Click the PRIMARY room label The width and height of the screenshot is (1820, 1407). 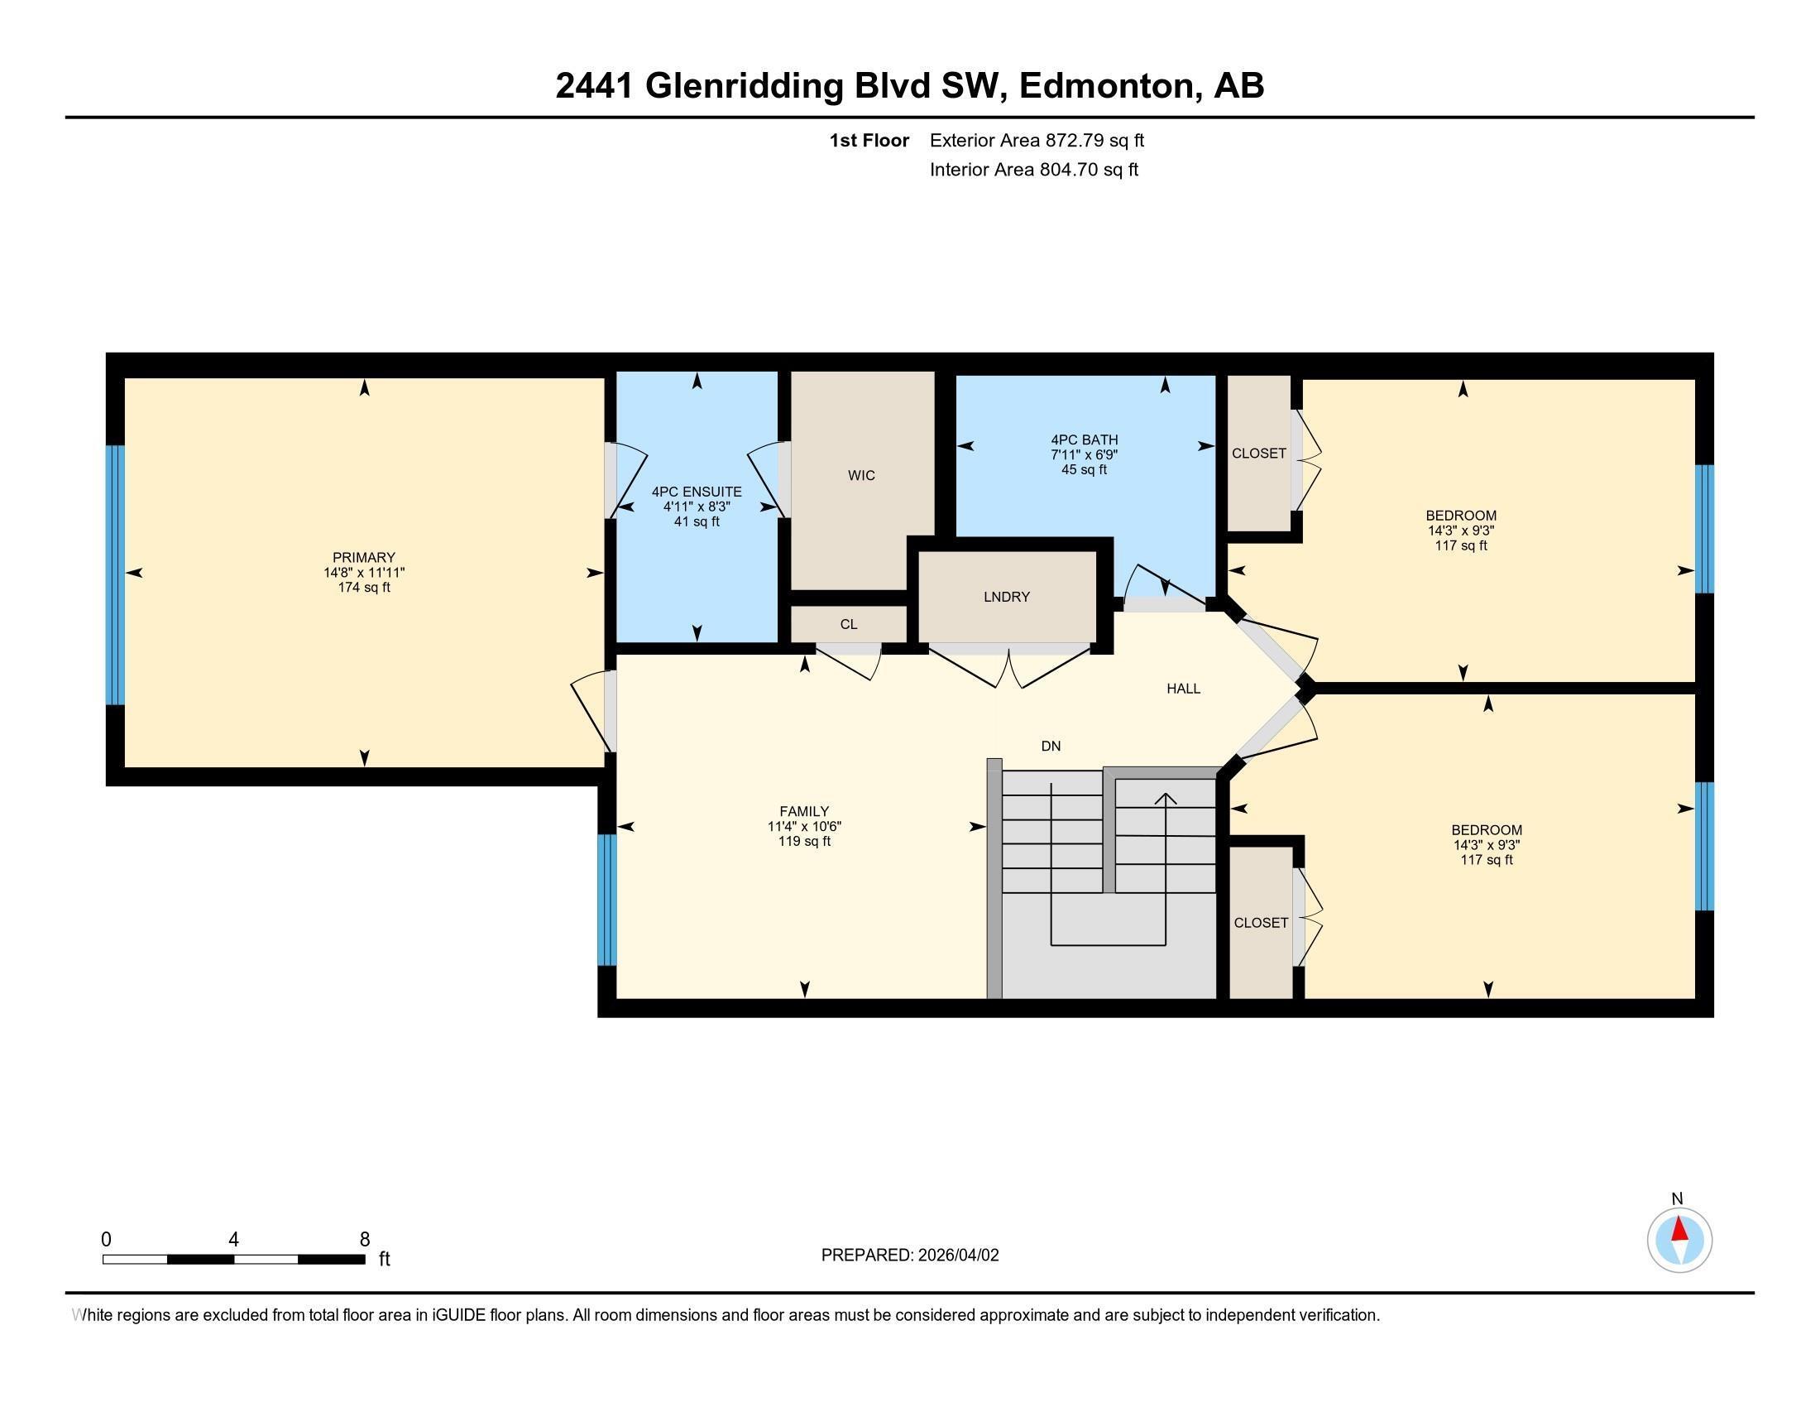click(x=363, y=558)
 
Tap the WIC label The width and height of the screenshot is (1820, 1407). click(x=861, y=475)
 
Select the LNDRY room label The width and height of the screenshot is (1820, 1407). click(x=1006, y=597)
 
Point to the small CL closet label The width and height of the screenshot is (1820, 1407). click(x=848, y=624)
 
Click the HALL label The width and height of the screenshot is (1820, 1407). click(x=1182, y=689)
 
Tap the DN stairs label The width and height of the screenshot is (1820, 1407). click(x=1050, y=746)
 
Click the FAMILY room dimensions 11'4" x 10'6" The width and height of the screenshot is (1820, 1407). click(x=804, y=827)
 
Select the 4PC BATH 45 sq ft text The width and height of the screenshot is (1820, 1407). click(x=1084, y=470)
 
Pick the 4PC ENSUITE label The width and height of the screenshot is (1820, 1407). click(x=696, y=492)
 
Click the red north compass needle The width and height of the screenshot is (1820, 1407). click(x=1679, y=1230)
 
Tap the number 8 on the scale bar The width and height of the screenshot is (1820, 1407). click(x=364, y=1240)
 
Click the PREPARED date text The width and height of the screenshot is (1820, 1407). click(x=909, y=1256)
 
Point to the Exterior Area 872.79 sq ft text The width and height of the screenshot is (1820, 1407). click(x=1036, y=141)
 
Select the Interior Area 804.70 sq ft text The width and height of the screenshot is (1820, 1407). click(x=1033, y=170)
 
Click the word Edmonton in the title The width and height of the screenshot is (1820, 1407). click(x=1107, y=86)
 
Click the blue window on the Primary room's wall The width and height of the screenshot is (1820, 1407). click(x=116, y=575)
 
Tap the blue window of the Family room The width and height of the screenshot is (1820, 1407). click(x=607, y=900)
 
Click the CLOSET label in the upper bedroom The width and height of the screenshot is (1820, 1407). click(x=1258, y=454)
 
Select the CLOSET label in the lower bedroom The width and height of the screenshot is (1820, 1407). click(x=1260, y=923)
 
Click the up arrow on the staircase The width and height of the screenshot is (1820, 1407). click(x=1165, y=800)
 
